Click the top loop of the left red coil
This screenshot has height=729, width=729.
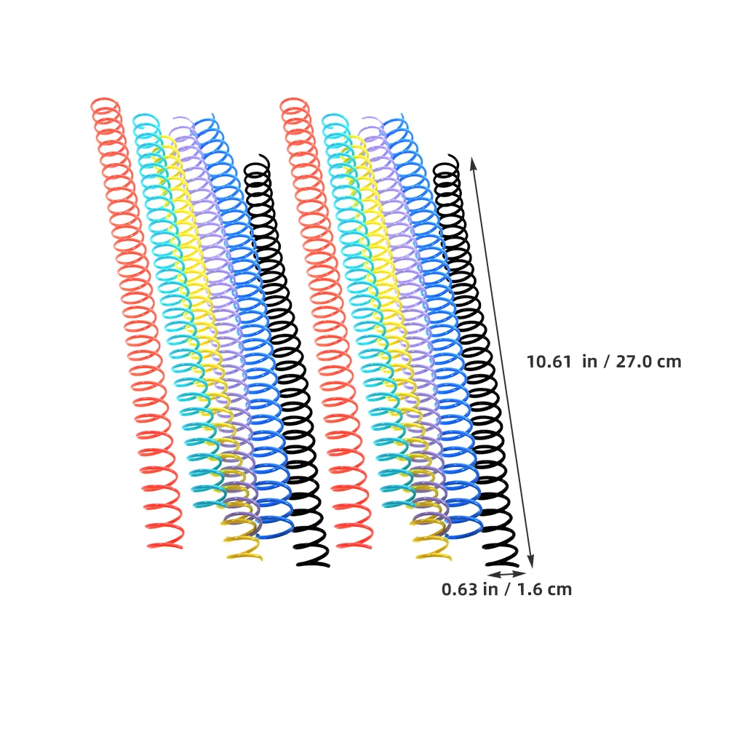pos(105,104)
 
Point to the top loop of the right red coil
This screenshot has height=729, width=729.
pos(294,104)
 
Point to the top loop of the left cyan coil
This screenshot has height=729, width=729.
pos(146,119)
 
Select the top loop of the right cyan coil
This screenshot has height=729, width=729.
pos(335,119)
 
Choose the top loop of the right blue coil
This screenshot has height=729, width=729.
pos(394,122)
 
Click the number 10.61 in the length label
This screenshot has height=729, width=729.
pos(549,362)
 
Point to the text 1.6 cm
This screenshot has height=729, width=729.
pos(545,589)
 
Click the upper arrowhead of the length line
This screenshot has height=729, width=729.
pos(473,162)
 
